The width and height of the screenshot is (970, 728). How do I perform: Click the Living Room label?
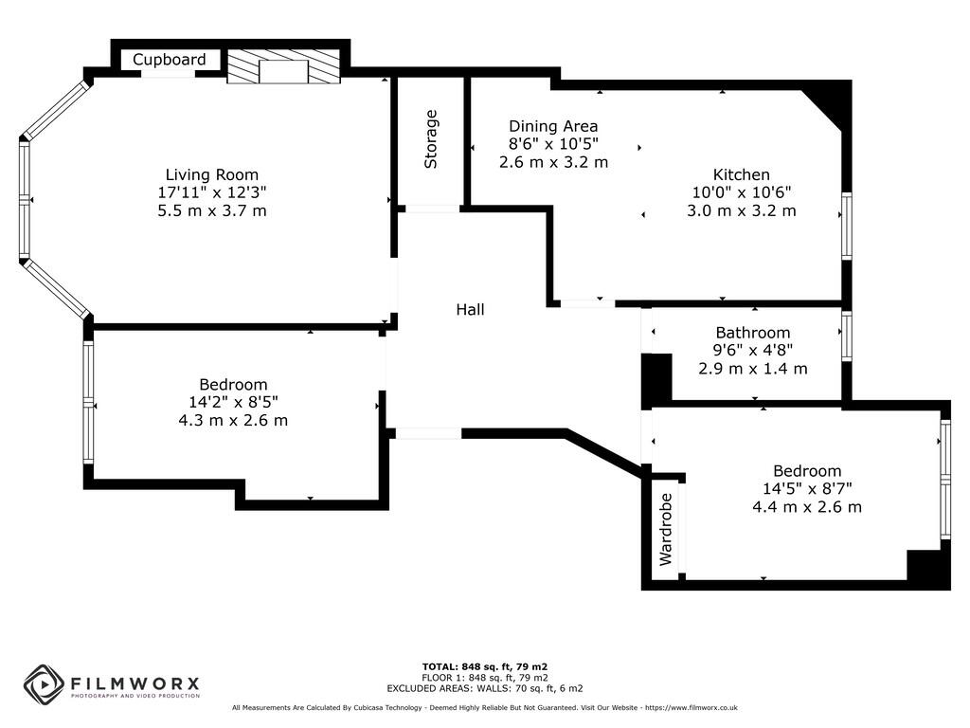tap(212, 174)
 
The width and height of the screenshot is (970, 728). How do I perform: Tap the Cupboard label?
tap(169, 60)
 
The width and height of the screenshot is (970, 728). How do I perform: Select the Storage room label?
tap(431, 139)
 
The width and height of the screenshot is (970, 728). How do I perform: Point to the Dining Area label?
tap(553, 126)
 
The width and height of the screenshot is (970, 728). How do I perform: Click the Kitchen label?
tap(741, 174)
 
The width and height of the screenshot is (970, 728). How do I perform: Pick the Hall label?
tap(470, 309)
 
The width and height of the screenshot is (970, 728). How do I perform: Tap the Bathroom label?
tap(752, 333)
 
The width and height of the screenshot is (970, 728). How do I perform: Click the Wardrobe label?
tap(666, 529)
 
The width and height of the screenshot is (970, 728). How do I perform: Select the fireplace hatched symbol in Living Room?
tap(283, 67)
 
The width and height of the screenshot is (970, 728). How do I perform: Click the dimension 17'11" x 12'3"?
tap(212, 192)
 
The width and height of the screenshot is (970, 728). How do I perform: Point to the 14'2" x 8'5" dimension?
tap(233, 402)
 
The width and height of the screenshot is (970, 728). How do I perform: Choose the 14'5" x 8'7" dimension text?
tap(807, 489)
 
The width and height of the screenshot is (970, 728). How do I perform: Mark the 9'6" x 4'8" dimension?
tap(752, 351)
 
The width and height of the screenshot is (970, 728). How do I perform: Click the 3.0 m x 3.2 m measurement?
tap(741, 210)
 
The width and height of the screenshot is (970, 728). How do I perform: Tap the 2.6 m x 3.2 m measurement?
tap(553, 162)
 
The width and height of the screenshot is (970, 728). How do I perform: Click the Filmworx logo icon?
tap(44, 684)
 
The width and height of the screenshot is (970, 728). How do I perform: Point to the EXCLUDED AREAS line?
tap(484, 688)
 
